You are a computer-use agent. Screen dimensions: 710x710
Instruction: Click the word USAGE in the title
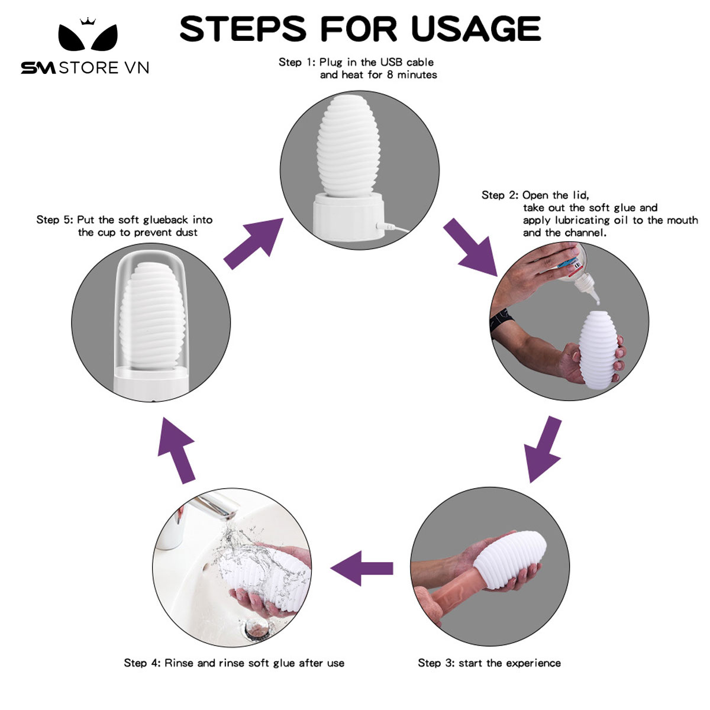point(476,28)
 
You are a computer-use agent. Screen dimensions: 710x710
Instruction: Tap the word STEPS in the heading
point(243,28)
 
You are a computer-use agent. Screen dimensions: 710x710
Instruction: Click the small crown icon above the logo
point(88,21)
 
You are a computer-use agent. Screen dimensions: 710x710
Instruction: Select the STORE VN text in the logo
point(104,68)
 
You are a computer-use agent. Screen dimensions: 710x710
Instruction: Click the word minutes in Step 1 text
point(417,75)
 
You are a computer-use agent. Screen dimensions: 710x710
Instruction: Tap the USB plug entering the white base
point(385,225)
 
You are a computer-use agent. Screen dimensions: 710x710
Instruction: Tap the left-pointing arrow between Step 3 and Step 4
point(362,568)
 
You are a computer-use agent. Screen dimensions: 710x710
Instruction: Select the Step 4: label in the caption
point(142,663)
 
